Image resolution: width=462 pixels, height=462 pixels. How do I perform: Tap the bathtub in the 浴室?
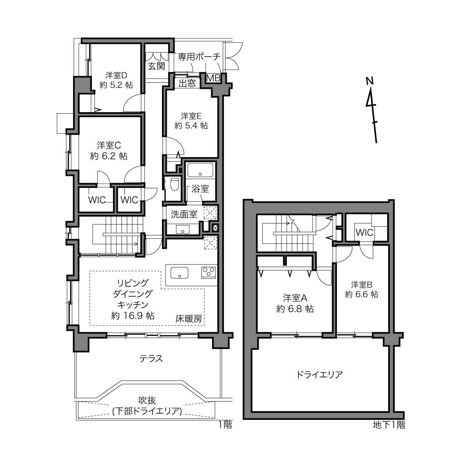click(x=200, y=170)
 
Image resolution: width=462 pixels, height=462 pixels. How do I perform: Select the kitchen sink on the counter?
click(x=179, y=273)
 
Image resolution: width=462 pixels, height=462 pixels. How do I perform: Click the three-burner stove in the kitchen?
click(x=208, y=273)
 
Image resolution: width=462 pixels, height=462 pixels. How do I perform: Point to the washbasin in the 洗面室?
click(x=183, y=230)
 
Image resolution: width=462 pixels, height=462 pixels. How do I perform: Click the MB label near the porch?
click(x=213, y=78)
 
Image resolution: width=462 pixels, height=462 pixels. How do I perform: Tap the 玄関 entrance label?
click(x=156, y=66)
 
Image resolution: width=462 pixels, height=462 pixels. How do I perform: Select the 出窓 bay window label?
click(x=187, y=83)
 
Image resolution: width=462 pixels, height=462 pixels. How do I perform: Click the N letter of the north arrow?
click(x=370, y=81)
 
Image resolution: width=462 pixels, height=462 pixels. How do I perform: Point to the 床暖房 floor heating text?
click(x=189, y=318)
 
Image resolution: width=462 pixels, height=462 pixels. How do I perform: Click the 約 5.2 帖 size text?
click(x=116, y=85)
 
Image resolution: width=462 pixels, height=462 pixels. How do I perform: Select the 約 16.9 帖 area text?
click(x=132, y=316)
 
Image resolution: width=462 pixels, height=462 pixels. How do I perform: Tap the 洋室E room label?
click(x=191, y=116)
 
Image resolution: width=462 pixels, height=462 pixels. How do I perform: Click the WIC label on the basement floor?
click(x=365, y=232)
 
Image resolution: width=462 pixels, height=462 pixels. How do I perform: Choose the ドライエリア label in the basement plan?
click(x=320, y=374)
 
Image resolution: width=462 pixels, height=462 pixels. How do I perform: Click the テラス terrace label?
click(x=151, y=359)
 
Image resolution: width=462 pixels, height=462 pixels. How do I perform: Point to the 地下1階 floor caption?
click(x=389, y=425)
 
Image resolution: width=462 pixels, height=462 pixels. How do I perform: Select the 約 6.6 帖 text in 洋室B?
click(x=362, y=294)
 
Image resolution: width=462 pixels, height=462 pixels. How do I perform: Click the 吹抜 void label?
click(x=147, y=400)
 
